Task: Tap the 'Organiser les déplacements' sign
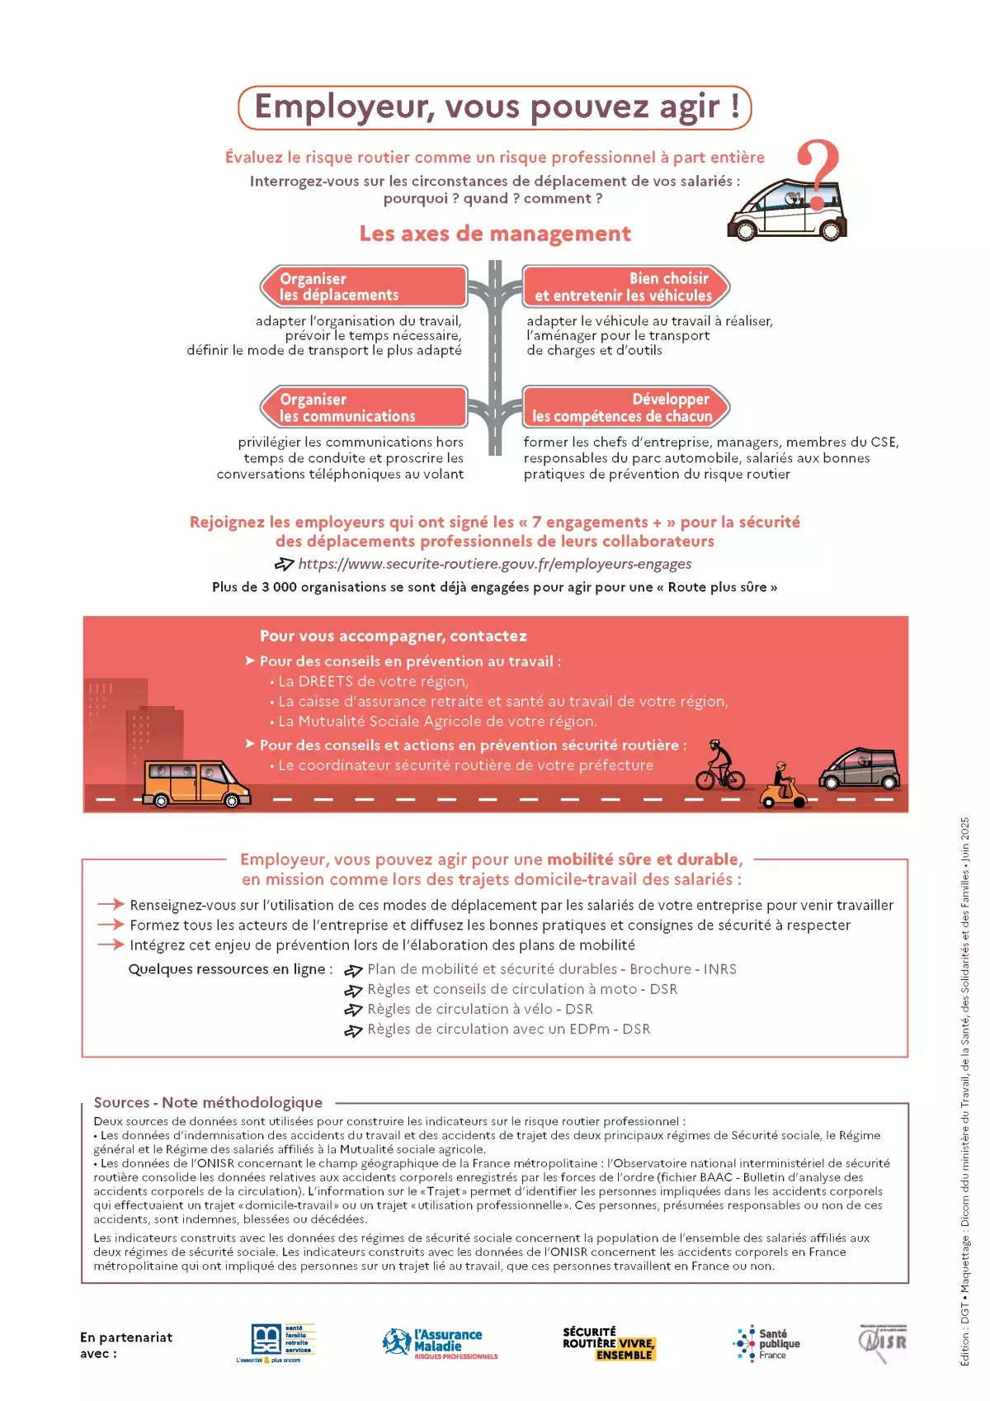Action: point(364,286)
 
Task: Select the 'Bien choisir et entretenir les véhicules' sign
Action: point(625,286)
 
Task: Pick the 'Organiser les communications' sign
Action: point(364,407)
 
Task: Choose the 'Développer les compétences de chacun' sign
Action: point(625,407)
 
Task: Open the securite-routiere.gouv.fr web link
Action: point(494,564)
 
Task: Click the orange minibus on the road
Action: point(196,783)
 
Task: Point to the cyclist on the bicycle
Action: point(719,764)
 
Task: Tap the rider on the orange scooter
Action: point(781,785)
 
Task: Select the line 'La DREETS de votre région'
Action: point(373,681)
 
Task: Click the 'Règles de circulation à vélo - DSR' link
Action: point(479,1009)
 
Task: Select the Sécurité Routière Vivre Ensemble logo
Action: point(608,1343)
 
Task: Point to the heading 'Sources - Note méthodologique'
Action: point(208,1102)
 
